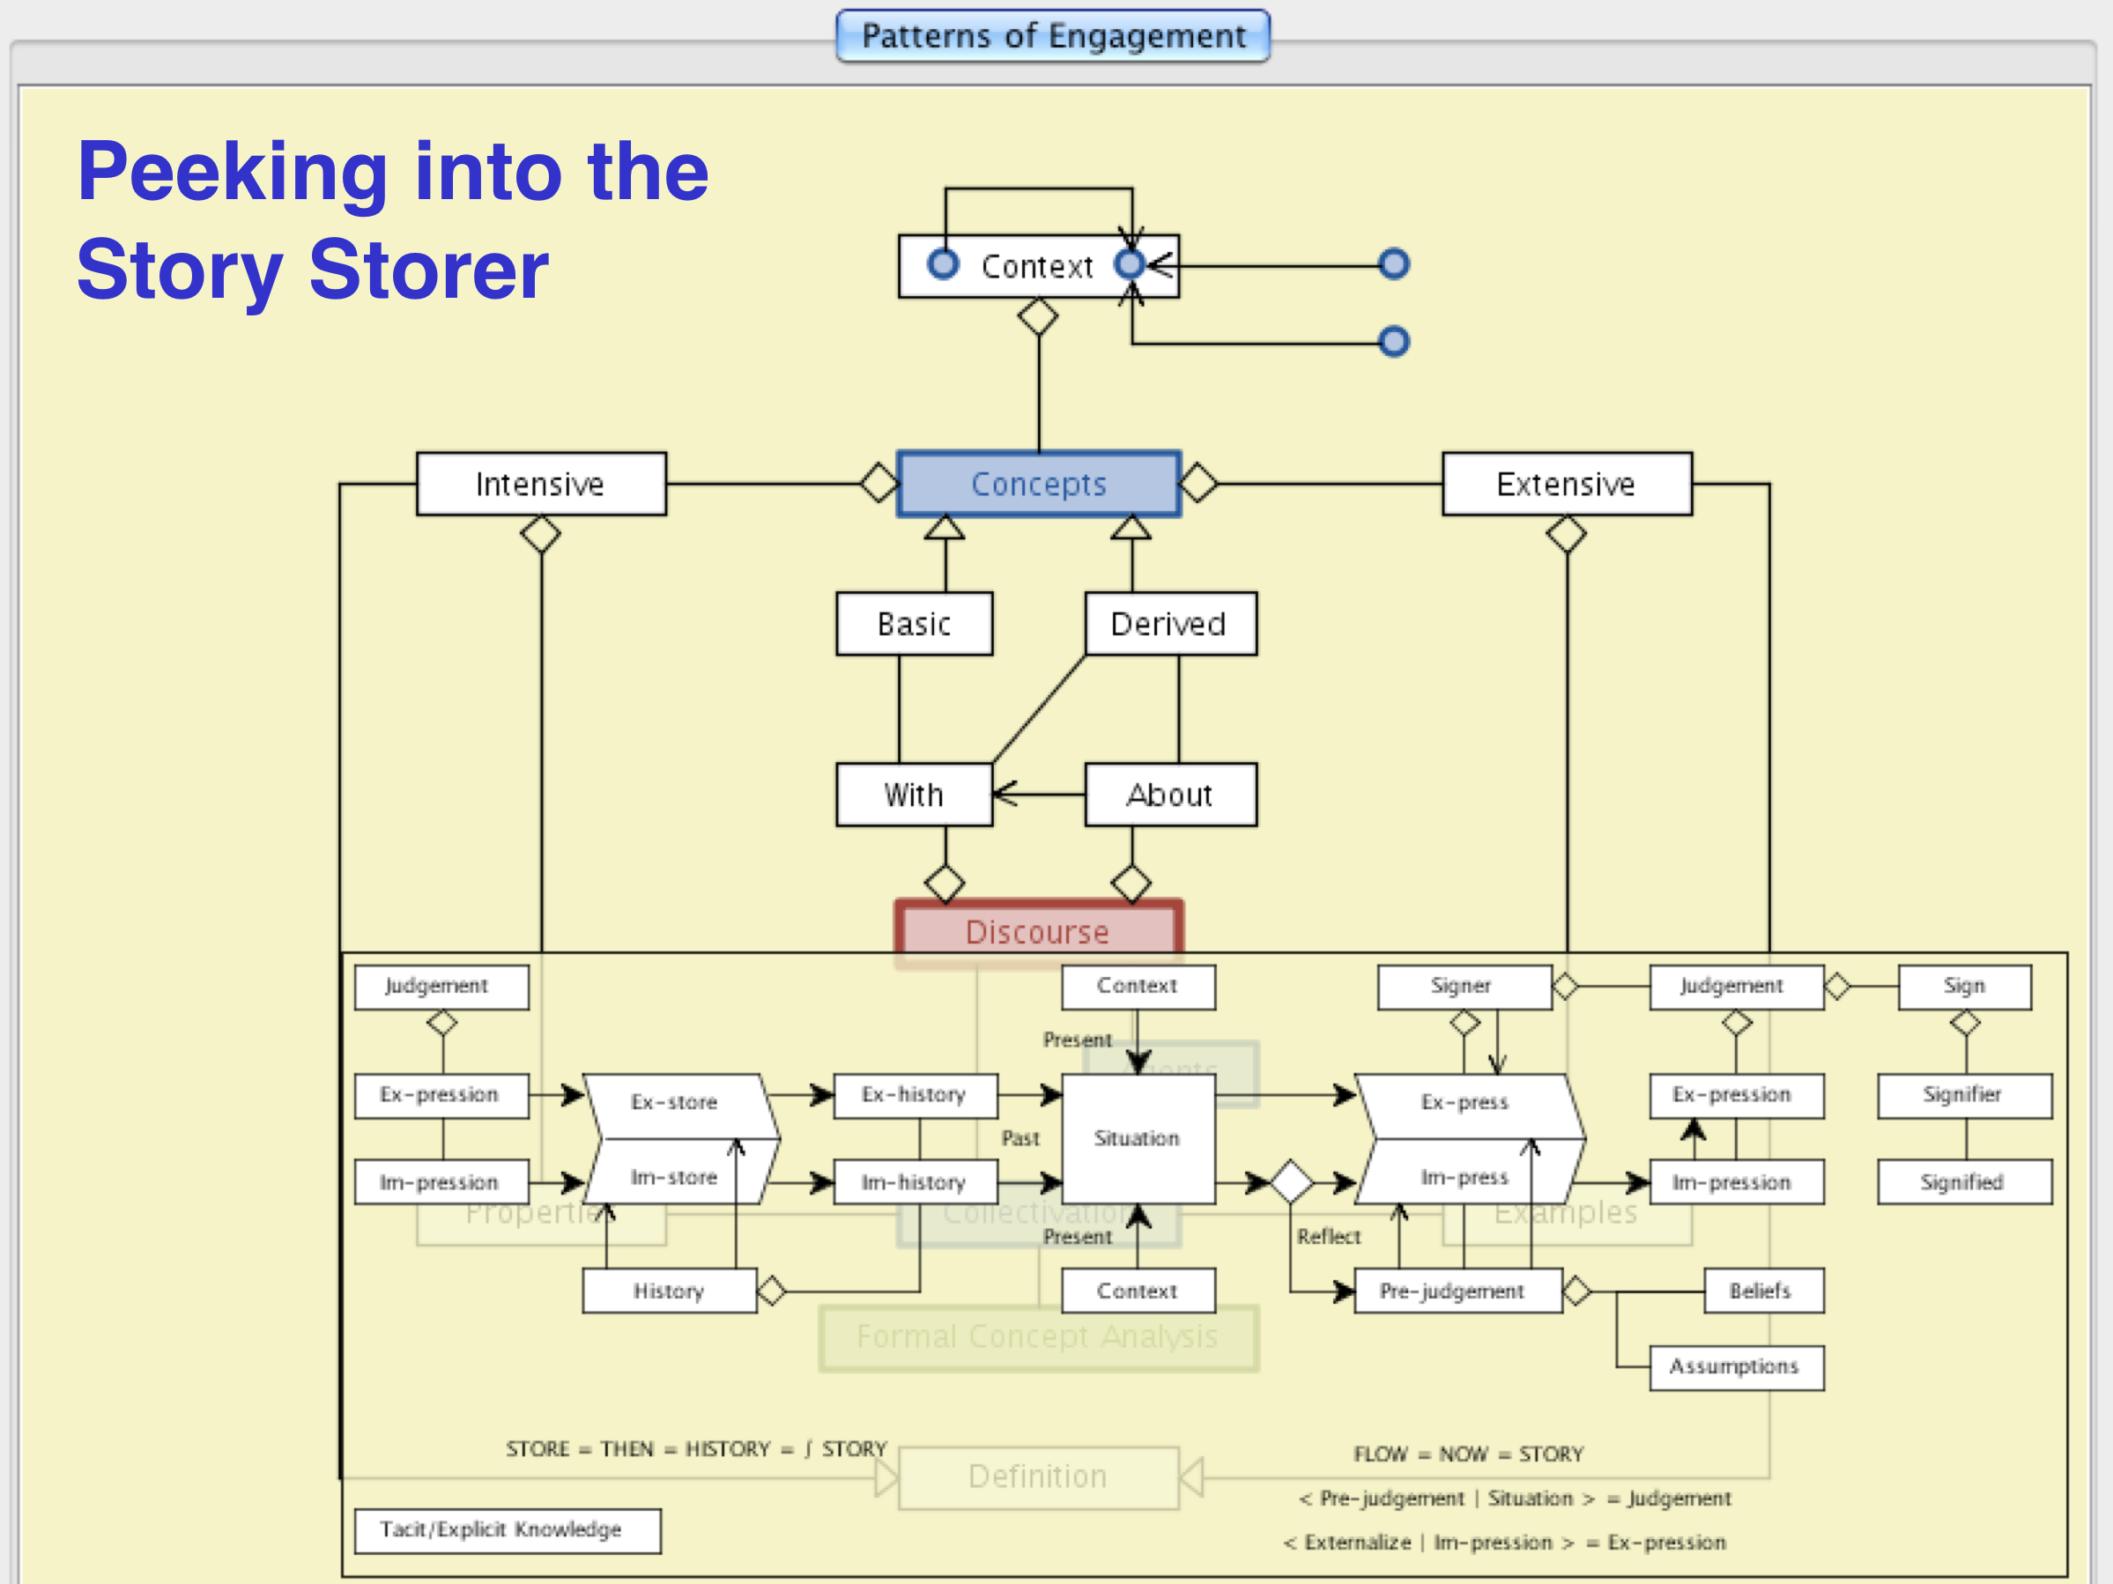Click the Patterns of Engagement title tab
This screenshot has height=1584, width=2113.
[x=1053, y=36]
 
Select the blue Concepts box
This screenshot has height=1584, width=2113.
[x=1038, y=484]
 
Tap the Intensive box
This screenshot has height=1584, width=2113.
[x=541, y=484]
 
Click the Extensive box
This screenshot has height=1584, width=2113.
[x=1567, y=484]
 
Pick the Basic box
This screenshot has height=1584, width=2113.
[x=914, y=624]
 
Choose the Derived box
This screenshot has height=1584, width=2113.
[x=1170, y=624]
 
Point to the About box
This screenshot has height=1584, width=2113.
[x=1170, y=795]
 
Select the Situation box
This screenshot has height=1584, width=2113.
[x=1138, y=1138]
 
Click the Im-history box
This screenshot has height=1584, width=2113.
[x=914, y=1182]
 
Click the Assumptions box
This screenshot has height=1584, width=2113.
[x=1736, y=1367]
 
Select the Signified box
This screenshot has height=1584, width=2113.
[x=1964, y=1182]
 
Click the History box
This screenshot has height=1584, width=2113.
[x=670, y=1291]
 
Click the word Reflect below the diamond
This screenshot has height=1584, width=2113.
[x=1329, y=1237]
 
